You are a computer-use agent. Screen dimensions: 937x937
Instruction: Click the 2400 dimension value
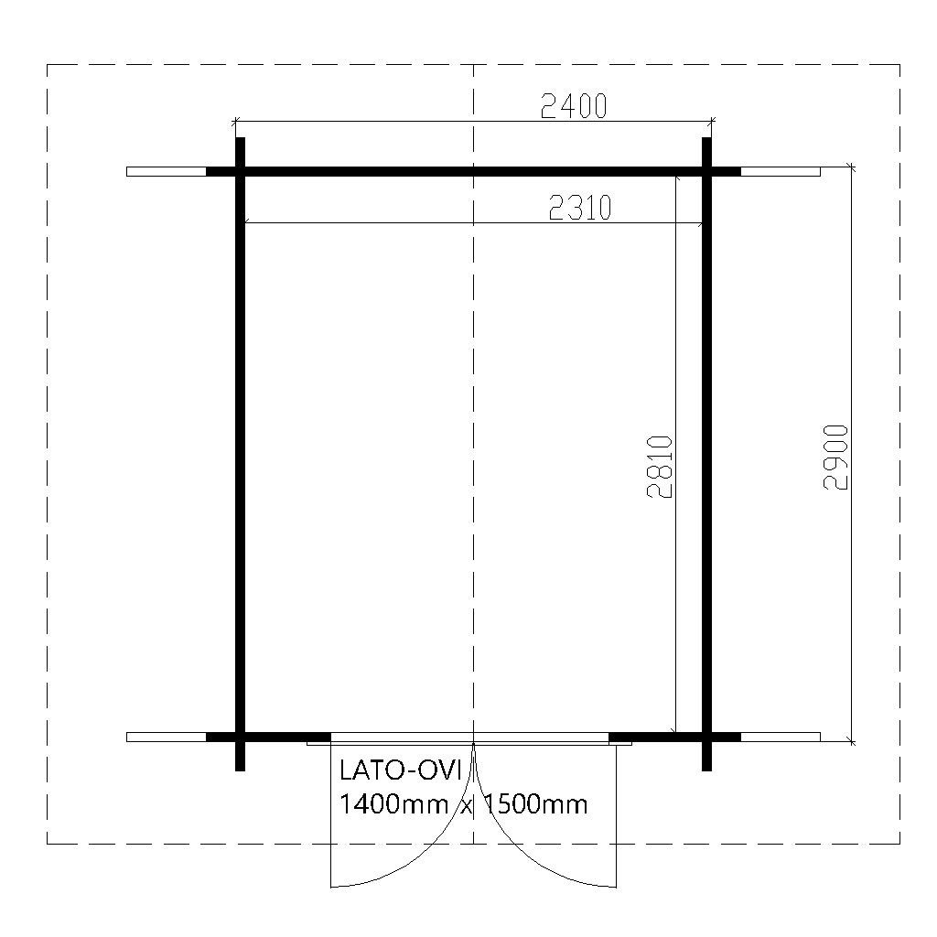[x=574, y=106]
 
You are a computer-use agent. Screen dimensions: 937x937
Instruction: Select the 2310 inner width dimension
[x=580, y=208]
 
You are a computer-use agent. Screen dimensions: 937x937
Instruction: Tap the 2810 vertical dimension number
[x=660, y=467]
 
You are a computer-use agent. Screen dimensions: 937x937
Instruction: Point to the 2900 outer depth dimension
[x=835, y=458]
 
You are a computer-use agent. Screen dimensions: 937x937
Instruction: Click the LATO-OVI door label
[x=401, y=770]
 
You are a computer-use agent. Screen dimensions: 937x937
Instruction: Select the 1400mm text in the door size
[x=393, y=804]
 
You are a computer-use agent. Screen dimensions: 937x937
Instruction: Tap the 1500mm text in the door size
[x=535, y=804]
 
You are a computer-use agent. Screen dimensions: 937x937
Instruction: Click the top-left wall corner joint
[x=241, y=171]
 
